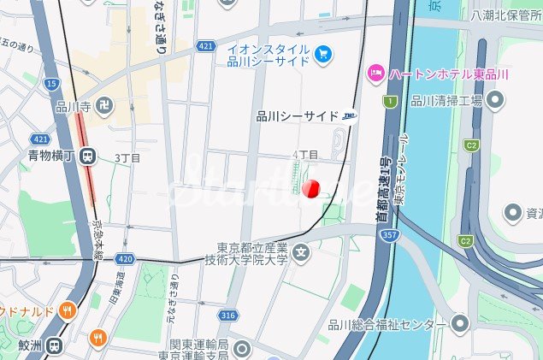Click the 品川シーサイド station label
coord(296,117)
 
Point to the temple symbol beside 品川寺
coord(103,106)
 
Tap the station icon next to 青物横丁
coord(86,156)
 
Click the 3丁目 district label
coord(127,157)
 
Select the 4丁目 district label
coord(305,155)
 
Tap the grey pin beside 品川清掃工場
coord(496,101)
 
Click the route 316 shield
coord(227,316)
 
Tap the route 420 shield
coord(125,257)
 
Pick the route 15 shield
coord(52,83)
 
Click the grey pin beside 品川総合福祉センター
coord(461,324)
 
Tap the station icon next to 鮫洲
coord(54,346)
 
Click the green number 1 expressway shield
coord(390,102)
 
